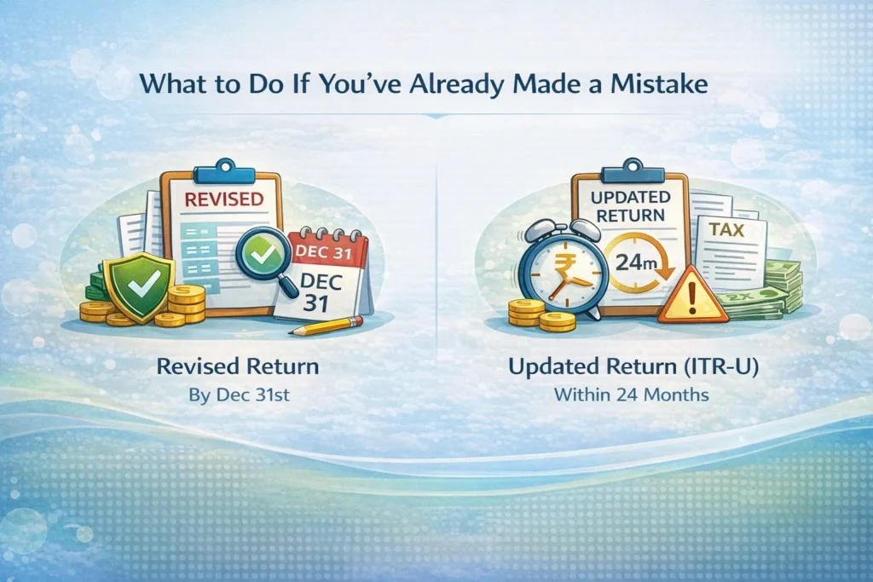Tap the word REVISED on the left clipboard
pyautogui.click(x=224, y=199)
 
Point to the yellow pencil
pyautogui.click(x=325, y=326)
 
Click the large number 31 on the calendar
pyautogui.click(x=315, y=304)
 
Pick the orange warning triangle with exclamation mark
pyautogui.click(x=692, y=296)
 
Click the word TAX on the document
pyautogui.click(x=726, y=229)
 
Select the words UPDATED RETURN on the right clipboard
pyautogui.click(x=630, y=206)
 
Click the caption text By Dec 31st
pyautogui.click(x=239, y=395)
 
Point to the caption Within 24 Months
pyautogui.click(x=632, y=395)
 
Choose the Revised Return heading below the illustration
pyautogui.click(x=238, y=366)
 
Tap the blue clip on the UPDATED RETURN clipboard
pyautogui.click(x=633, y=170)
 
